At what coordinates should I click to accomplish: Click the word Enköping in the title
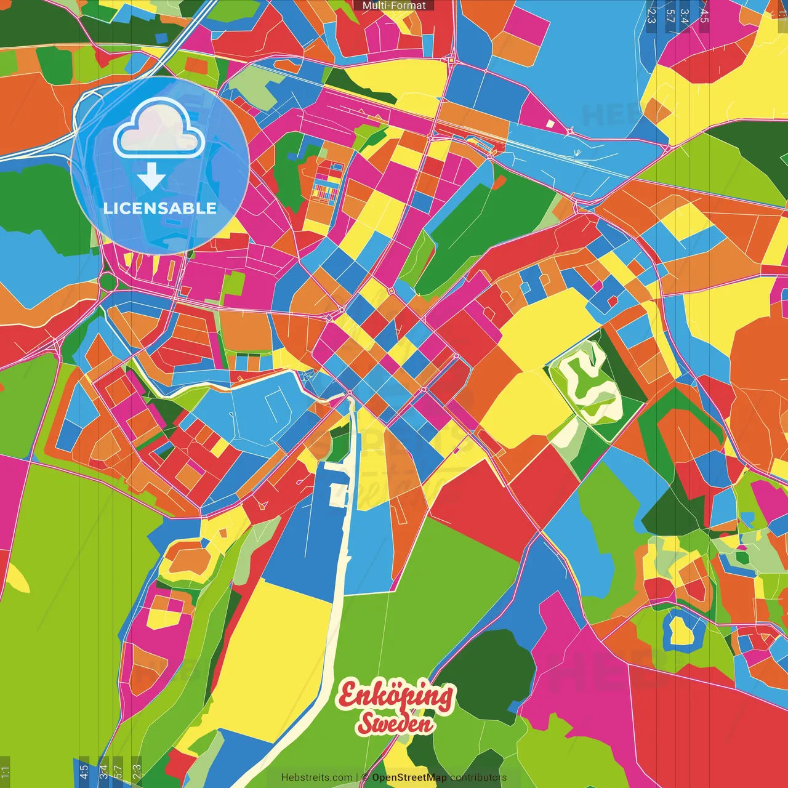tap(395, 697)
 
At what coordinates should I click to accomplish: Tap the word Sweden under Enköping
tap(395, 723)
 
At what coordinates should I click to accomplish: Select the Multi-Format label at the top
tap(394, 6)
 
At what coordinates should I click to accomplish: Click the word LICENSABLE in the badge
tap(160, 208)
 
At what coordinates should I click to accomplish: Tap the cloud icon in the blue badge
tap(159, 128)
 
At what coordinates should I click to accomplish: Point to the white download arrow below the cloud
tap(151, 178)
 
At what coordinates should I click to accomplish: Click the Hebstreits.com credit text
tap(316, 778)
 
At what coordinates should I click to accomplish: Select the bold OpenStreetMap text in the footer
tap(409, 778)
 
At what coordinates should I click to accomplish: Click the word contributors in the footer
tap(478, 778)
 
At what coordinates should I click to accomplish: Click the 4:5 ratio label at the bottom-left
tap(84, 772)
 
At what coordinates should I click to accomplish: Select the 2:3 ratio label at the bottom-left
tap(137, 772)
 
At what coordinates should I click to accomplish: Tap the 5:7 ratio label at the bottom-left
tap(119, 772)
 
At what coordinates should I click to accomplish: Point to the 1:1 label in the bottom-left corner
tap(5, 772)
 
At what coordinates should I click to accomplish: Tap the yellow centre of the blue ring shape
tap(681, 630)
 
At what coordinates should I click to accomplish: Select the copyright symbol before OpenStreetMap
tap(365, 778)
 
